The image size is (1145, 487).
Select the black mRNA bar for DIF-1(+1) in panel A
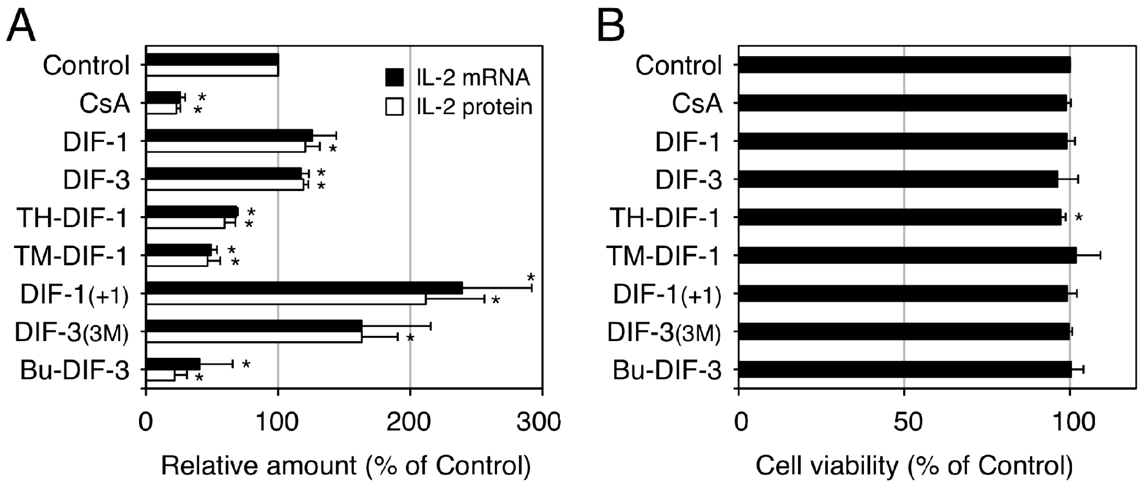pos(304,288)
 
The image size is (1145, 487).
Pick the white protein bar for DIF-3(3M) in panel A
pos(254,337)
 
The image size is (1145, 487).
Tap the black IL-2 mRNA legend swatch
pos(394,78)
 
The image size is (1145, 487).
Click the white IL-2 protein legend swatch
pos(394,107)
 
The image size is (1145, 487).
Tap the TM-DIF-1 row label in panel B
pos(663,256)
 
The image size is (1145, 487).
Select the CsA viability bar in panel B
pos(902,103)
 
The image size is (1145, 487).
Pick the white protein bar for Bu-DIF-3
pos(161,376)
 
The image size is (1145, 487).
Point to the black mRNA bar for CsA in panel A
pos(163,97)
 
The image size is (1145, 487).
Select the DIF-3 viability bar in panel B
pos(898,179)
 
